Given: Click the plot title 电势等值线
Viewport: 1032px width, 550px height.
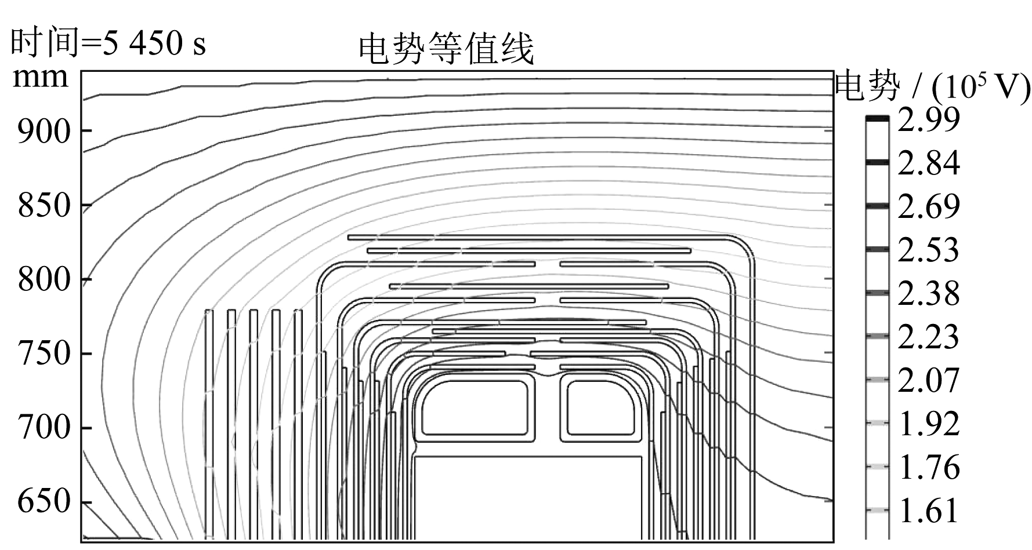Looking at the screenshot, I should (446, 49).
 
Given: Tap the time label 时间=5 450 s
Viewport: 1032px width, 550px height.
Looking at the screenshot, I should (108, 43).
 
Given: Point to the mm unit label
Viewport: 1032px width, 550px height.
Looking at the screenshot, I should (40, 77).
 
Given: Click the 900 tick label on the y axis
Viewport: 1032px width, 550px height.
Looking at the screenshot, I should (44, 132).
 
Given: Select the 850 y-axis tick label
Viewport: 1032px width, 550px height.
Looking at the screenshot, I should (44, 206).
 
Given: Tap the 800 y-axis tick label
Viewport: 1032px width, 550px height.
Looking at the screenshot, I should (44, 280).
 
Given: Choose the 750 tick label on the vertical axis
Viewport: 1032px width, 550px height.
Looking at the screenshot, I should (44, 354).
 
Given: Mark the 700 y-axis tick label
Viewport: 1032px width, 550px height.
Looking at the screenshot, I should (44, 428).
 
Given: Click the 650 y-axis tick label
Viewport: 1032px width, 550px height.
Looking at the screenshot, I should (44, 502).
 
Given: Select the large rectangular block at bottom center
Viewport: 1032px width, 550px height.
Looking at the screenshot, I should (528, 498).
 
